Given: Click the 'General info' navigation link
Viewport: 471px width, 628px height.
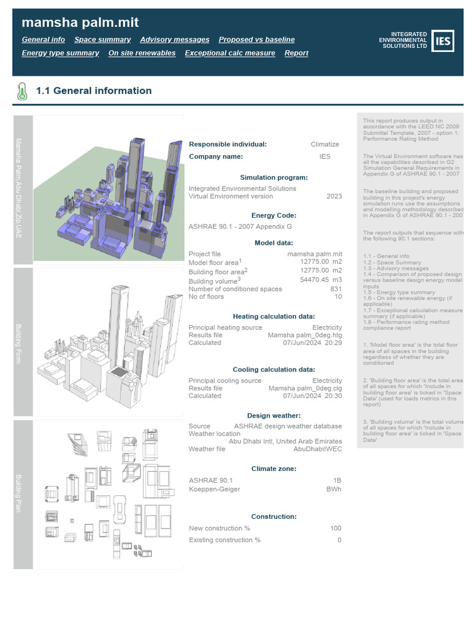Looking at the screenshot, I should pos(43,39).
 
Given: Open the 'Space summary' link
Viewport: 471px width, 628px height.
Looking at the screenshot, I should pos(102,39).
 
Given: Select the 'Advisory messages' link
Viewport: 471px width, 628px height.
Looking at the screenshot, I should pos(174,39).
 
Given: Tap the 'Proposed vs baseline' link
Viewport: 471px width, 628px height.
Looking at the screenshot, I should pos(256,39).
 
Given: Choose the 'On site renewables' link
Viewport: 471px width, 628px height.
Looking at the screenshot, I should pos(142,53).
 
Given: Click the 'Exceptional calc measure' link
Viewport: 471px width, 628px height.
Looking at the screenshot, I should pos(229,53).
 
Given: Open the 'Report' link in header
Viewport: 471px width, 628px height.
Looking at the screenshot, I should pos(296,53).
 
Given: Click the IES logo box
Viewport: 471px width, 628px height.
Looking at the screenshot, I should pos(443,41).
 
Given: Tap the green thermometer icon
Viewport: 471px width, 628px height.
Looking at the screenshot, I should pos(22,91).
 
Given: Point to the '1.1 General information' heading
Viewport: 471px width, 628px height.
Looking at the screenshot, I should pos(94,91).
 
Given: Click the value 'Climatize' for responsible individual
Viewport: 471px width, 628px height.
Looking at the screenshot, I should pos(324,144).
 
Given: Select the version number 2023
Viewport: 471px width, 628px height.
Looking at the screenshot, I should pos(334,196).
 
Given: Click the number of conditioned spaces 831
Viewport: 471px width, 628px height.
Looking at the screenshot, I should pos(335,289).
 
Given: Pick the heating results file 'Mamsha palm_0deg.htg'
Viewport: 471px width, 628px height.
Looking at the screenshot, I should pos(305,335).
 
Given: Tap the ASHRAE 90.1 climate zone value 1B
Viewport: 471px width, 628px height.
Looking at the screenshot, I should pos(337,480).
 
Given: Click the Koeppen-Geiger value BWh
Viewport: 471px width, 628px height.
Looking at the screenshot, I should pos(334,489).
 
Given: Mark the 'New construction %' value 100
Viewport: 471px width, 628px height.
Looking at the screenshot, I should pos(335,528).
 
